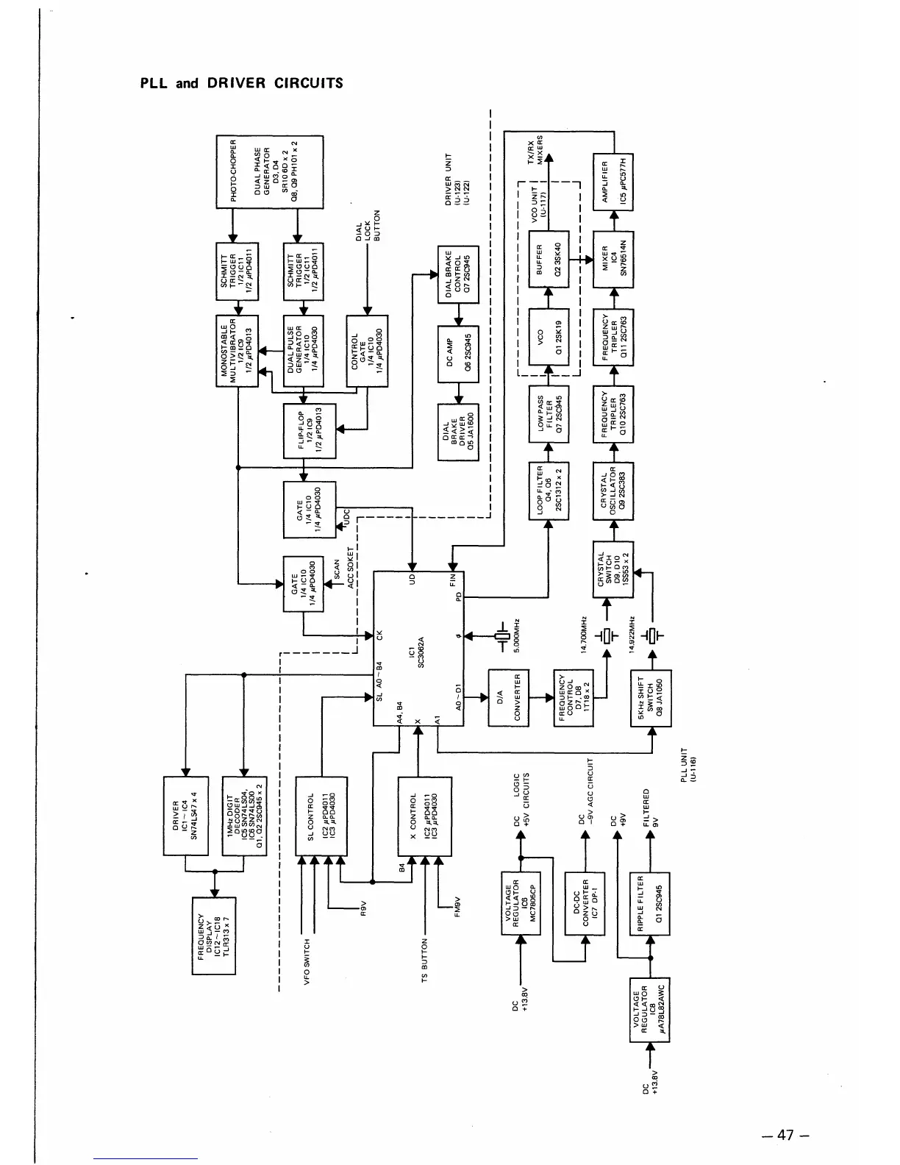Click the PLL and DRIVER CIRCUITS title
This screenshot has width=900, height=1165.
point(242,82)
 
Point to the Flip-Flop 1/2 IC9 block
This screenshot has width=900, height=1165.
point(310,430)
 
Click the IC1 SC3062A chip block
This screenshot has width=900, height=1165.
point(418,649)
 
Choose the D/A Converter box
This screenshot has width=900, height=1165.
point(508,697)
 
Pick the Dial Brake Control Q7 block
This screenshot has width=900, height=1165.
point(458,274)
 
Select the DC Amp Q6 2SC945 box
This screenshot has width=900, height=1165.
point(458,353)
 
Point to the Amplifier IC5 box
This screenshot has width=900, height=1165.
point(613,182)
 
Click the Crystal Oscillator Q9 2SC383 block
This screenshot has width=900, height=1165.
point(613,491)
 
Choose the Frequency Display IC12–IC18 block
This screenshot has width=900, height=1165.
point(213,936)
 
